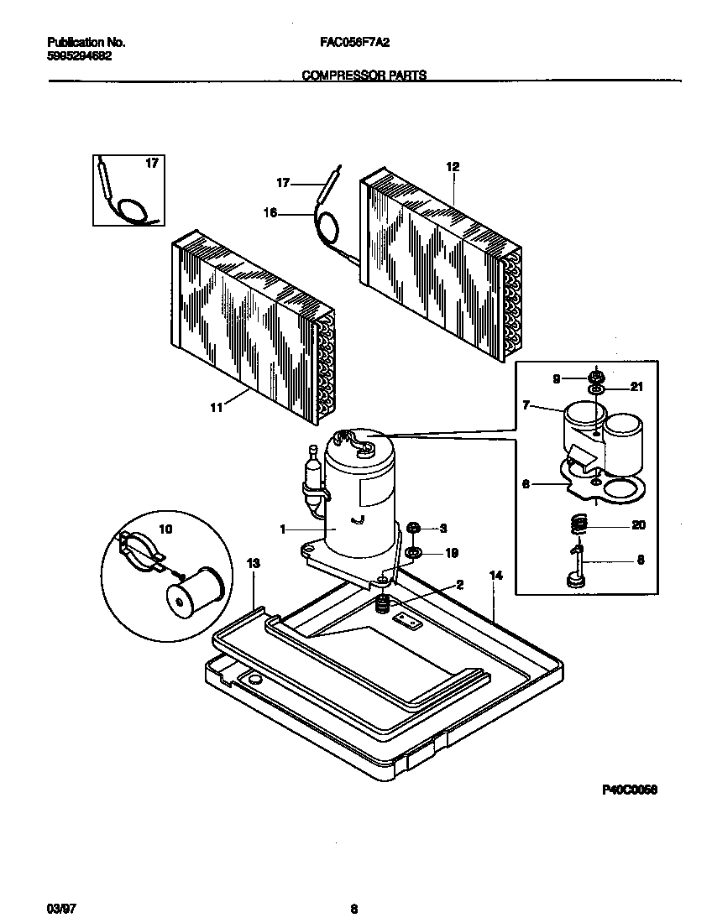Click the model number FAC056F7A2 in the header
pos(353,42)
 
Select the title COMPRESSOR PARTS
pos(364,75)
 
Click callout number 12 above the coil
pos(453,167)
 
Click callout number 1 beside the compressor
pos(283,529)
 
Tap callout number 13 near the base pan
pos(253,564)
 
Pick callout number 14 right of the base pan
pos(495,576)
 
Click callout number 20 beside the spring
pos(639,525)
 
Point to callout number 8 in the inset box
pos(641,559)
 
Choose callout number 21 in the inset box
pos(636,386)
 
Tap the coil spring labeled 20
pos(578,525)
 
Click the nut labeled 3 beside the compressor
pos(414,528)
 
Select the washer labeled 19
pos(414,553)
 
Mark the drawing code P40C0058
pos(629,790)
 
